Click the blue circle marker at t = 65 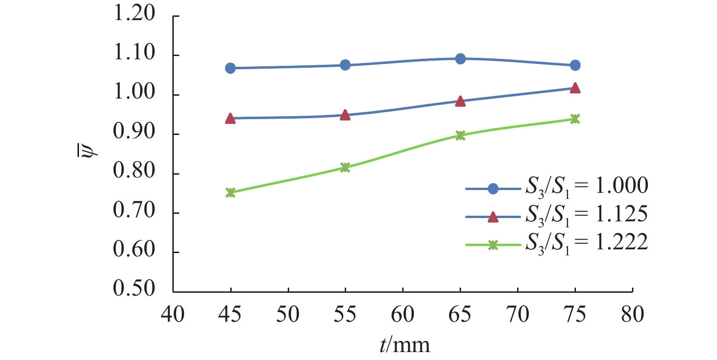pyautogui.click(x=460, y=59)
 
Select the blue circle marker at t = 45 pyautogui.click(x=230, y=68)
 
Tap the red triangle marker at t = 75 pyautogui.click(x=575, y=88)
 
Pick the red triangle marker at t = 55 pyautogui.click(x=345, y=115)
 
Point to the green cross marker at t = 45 pyautogui.click(x=230, y=192)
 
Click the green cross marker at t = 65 pyautogui.click(x=460, y=135)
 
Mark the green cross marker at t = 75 pyautogui.click(x=575, y=119)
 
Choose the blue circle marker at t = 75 pyautogui.click(x=575, y=65)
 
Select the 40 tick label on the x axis pyautogui.click(x=173, y=313)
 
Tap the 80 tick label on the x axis pyautogui.click(x=632, y=313)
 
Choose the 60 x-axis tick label pyautogui.click(x=403, y=313)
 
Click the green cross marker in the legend pyautogui.click(x=493, y=245)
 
